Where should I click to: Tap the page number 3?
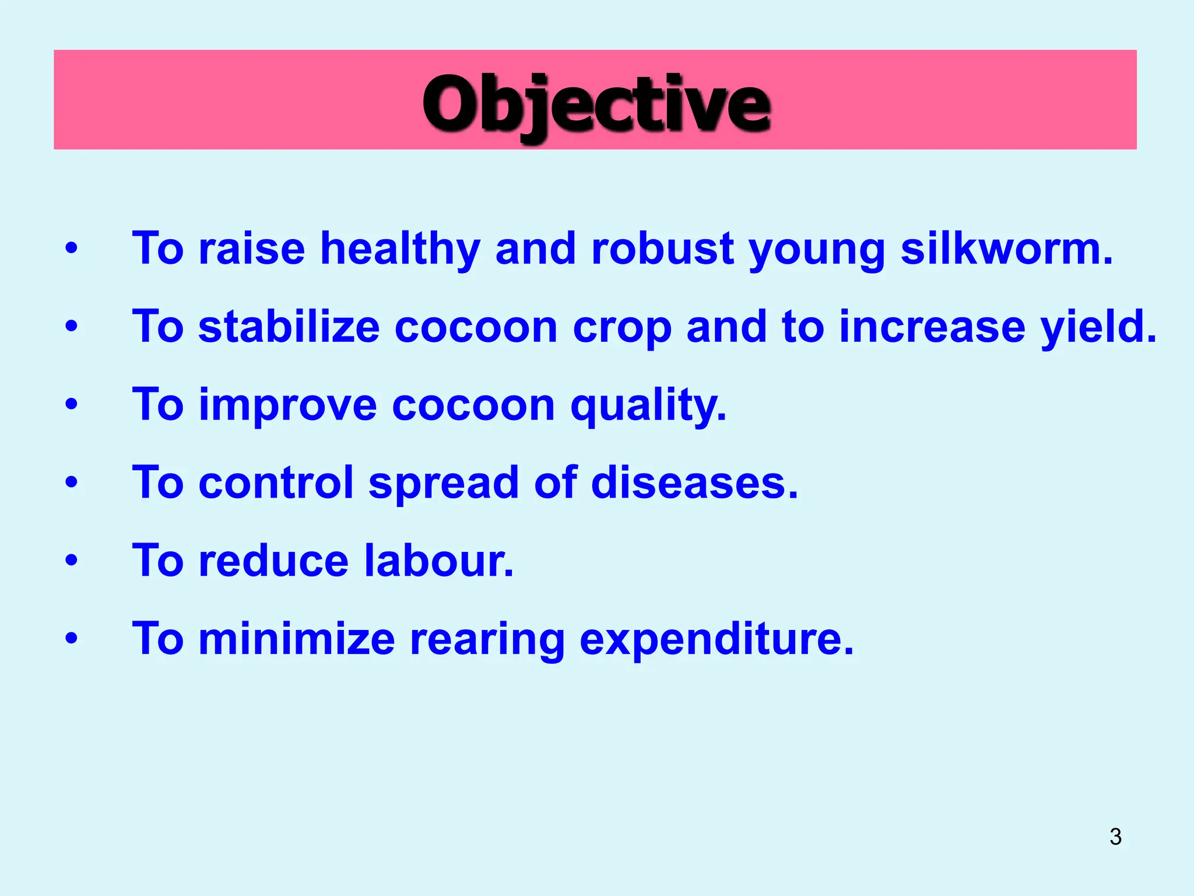1115,836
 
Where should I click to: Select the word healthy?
400,249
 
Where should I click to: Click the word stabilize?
289,327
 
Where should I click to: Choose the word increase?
932,327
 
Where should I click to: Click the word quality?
648,405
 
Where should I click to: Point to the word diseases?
694,483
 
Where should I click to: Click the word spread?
443,483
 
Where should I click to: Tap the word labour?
438,561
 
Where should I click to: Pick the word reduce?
273,561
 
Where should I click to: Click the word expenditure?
717,639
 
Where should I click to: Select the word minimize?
297,639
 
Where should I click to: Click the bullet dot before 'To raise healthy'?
71,248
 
